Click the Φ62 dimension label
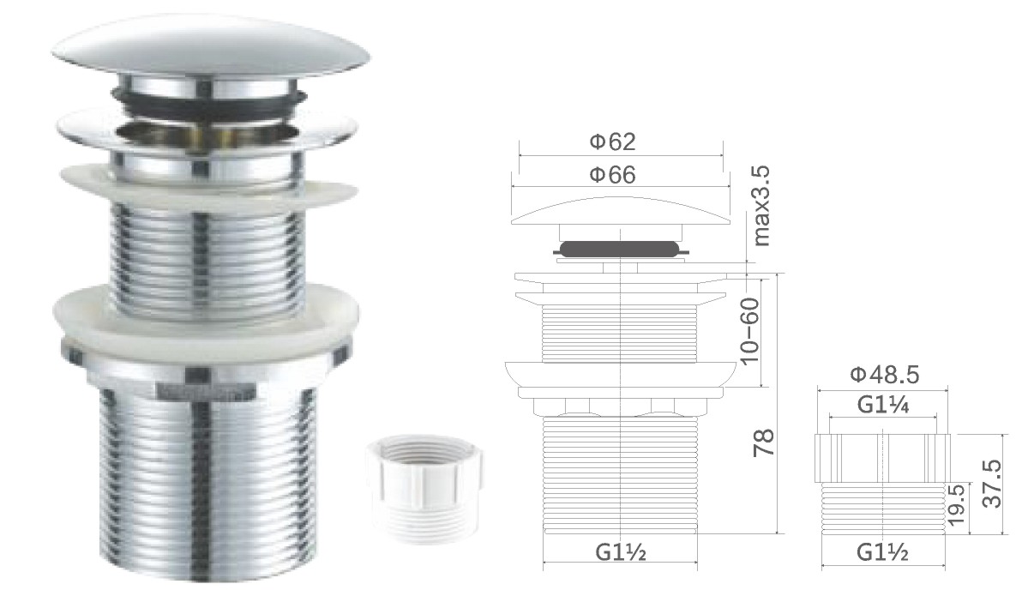612,141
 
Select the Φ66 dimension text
612,174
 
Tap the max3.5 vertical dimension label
761,206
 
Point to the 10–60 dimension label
748,330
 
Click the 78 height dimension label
765,443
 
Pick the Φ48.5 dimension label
885,374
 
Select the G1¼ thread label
883,405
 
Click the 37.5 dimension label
993,483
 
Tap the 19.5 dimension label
956,504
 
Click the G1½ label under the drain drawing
620,552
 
